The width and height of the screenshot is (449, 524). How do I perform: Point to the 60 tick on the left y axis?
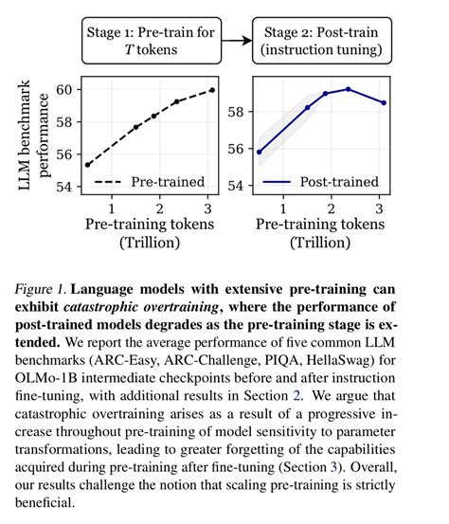66,90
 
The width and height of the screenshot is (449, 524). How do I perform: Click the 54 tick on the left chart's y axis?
66,188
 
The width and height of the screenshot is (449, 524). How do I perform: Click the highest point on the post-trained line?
348,89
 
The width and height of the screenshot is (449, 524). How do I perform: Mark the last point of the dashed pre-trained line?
212,90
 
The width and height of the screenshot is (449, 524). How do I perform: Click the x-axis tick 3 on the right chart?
379,208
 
